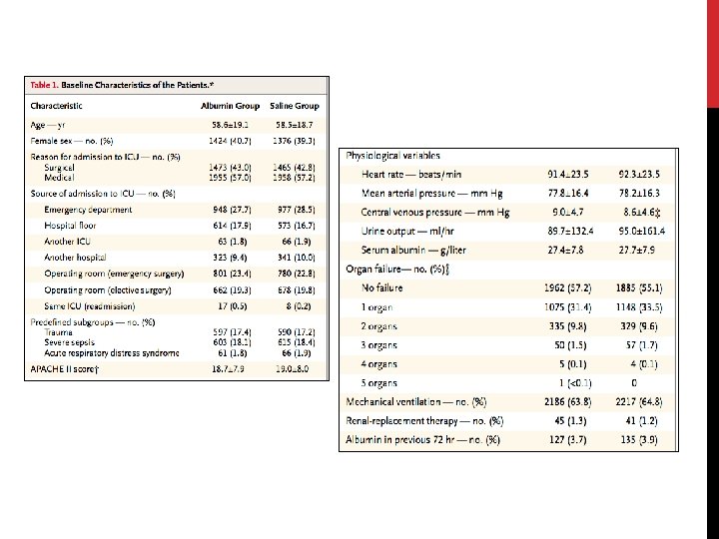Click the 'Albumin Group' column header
point(232,105)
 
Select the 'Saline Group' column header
point(294,105)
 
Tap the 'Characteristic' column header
point(57,105)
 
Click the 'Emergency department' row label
point(88,210)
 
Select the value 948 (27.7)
point(232,210)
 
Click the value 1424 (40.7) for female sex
point(232,141)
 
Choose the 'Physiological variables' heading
point(392,156)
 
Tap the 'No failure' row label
point(384,286)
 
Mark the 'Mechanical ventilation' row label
point(415,401)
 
